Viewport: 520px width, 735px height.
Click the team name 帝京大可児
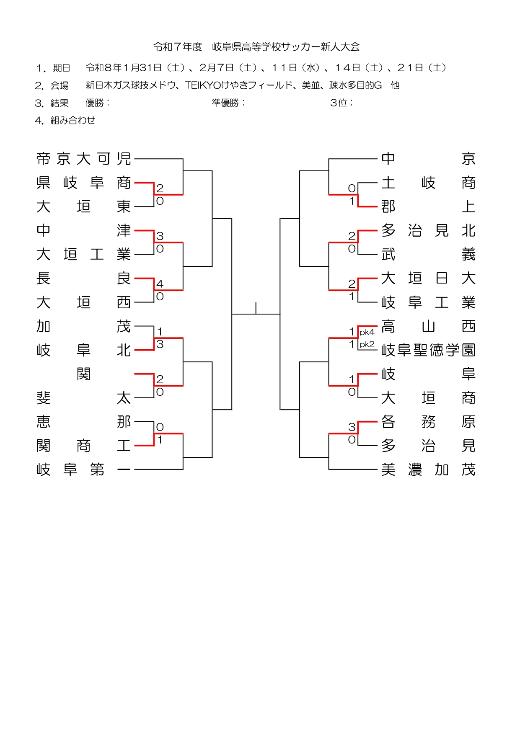83,159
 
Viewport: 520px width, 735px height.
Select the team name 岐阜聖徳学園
428,350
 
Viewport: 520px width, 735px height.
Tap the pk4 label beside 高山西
367,333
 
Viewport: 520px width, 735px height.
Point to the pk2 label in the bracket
367,345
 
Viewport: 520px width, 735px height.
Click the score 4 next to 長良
160,284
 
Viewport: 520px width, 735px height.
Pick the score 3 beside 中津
160,236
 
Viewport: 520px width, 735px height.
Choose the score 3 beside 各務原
352,427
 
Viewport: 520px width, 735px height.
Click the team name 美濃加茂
428,470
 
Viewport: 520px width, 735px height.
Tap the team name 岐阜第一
83,470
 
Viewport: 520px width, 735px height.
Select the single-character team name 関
83,374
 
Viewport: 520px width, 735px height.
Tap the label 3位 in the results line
340,103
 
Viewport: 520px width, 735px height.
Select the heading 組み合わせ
72,121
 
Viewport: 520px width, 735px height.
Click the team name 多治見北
428,230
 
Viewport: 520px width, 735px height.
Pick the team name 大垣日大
428,278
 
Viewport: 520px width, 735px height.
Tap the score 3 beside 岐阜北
160,344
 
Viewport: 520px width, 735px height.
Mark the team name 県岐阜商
83,183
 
